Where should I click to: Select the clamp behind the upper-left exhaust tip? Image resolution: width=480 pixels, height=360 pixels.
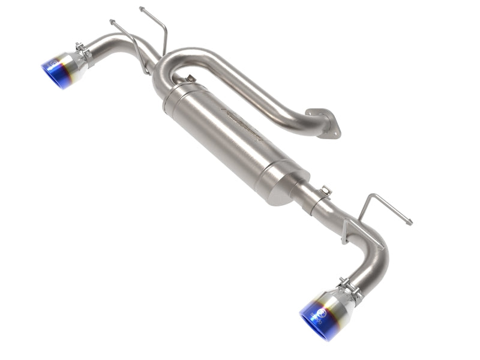point(83,52)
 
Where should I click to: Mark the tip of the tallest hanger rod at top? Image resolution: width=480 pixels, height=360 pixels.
point(142,8)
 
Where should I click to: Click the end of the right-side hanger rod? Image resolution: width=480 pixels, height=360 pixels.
point(410,223)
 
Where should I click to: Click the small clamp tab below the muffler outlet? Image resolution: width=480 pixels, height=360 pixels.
point(325,191)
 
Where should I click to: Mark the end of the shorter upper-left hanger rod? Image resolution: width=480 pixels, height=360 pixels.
point(112,22)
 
